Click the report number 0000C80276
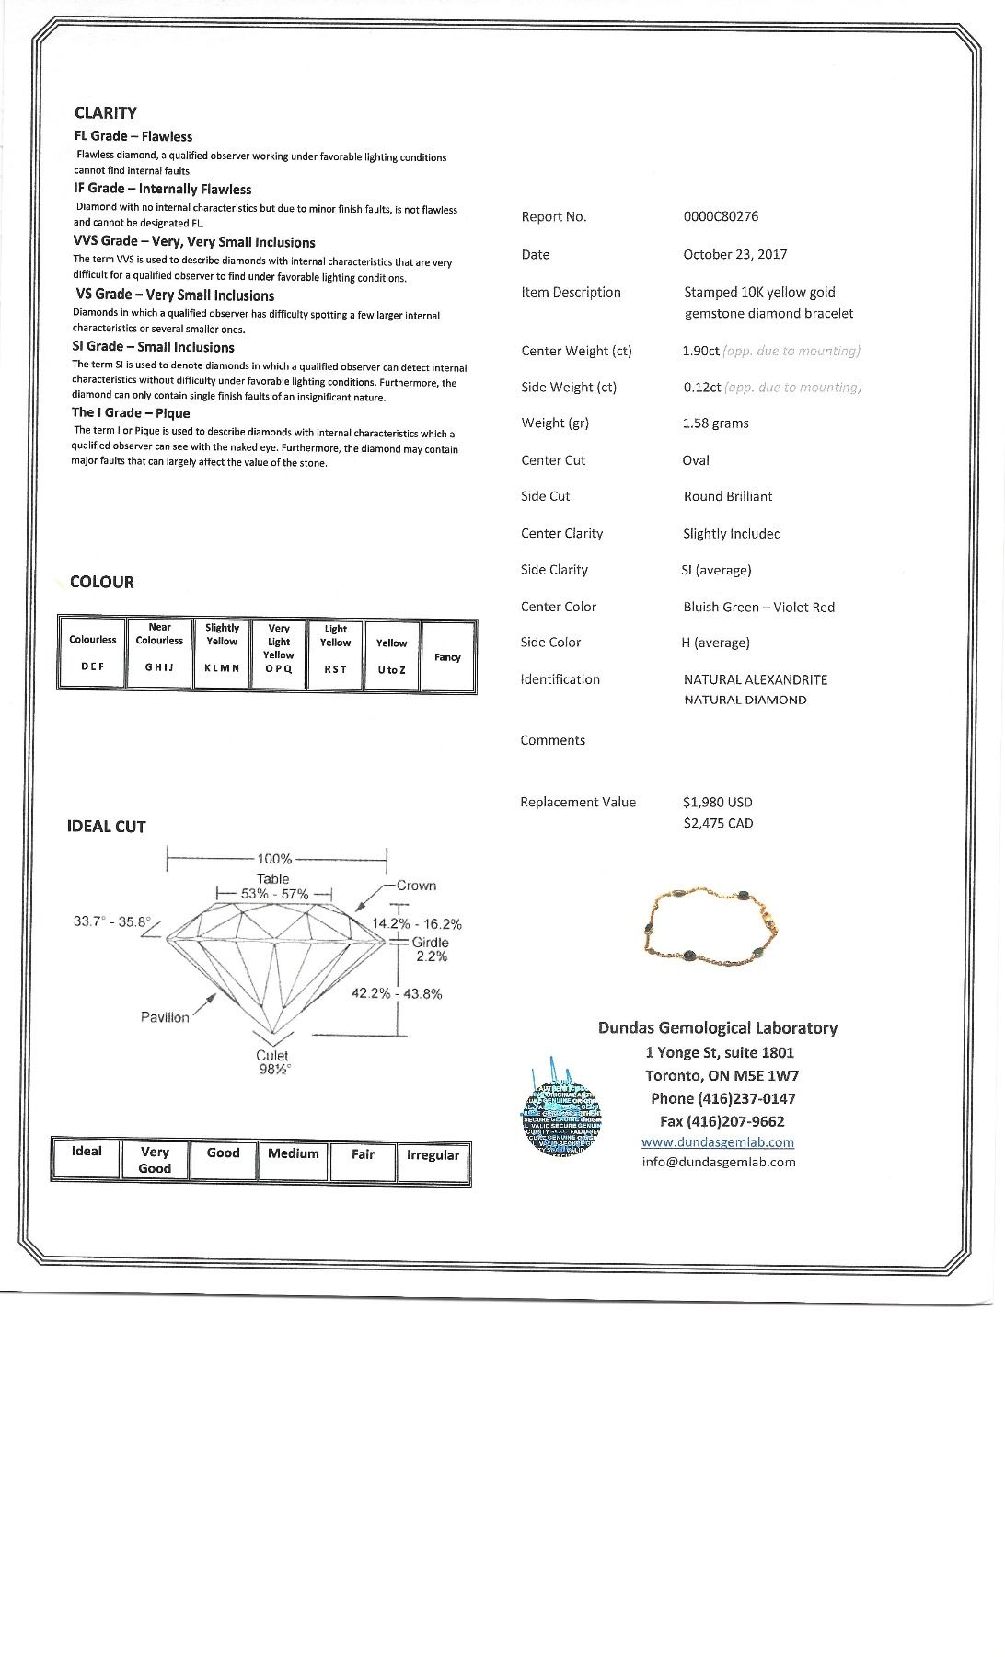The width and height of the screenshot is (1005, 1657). pos(721,216)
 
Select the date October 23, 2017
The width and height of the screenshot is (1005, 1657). pos(734,254)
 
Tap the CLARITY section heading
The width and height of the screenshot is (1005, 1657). pos(105,113)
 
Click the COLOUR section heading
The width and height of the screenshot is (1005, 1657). pos(101,582)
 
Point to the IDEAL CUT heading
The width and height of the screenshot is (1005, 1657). pos(106,827)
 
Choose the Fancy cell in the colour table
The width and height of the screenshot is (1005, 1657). pos(447,656)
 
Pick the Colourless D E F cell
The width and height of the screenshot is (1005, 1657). pos(92,653)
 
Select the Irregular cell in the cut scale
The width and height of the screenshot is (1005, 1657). pos(433,1161)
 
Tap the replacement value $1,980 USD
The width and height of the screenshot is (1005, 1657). pos(717,803)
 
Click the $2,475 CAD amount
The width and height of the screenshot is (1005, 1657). pos(717,823)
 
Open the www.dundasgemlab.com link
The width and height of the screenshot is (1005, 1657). pos(717,1142)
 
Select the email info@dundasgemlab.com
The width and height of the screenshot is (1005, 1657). pos(718,1162)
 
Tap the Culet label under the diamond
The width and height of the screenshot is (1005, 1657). pos(272,1056)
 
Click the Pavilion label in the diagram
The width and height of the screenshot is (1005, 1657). pos(165,1017)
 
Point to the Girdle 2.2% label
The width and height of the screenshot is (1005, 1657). pos(430,949)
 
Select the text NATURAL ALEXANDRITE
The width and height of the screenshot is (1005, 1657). pos(755,679)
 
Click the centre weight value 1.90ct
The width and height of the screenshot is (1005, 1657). pos(700,351)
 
